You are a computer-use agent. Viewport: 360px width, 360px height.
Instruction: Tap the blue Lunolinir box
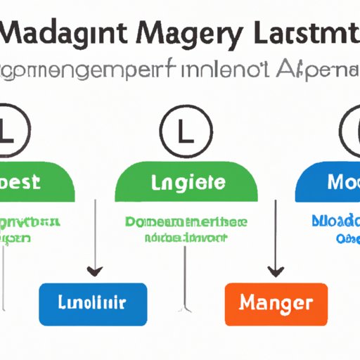point(94,303)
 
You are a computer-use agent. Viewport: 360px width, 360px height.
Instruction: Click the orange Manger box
point(276,303)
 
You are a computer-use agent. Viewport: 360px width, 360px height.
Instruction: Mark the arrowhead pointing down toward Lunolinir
point(94,271)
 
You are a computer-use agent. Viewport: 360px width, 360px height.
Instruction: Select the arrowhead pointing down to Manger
point(276,271)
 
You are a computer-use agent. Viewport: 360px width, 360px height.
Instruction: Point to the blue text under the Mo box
point(336,229)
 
